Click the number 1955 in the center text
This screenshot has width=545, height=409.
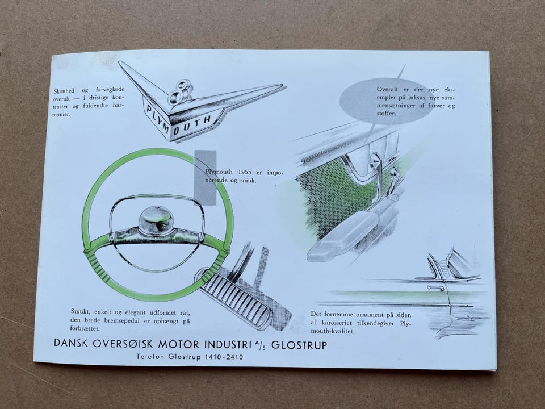pyautogui.click(x=249, y=172)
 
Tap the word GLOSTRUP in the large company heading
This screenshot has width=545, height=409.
pyautogui.click(x=299, y=345)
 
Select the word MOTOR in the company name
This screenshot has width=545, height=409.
pyautogui.click(x=178, y=344)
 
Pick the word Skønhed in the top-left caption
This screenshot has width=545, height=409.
pyautogui.click(x=64, y=91)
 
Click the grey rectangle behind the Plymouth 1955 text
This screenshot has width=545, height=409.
pyautogui.click(x=205, y=177)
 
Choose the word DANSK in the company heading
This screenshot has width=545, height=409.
pyautogui.click(x=72, y=343)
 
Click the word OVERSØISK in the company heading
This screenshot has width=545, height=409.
pyautogui.click(x=123, y=344)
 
